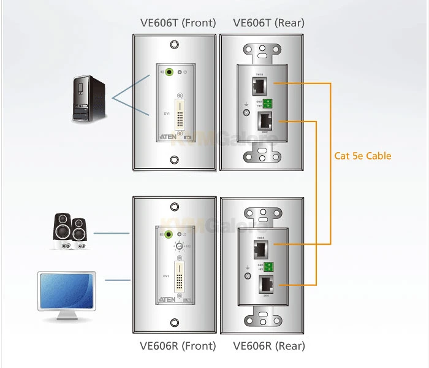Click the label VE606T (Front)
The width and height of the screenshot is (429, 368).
tap(178, 23)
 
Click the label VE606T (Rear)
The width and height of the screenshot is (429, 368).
tap(269, 23)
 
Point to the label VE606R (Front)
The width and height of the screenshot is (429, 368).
tap(178, 346)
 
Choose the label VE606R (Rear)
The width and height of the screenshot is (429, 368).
tap(269, 346)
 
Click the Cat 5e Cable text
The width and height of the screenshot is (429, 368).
tap(363, 156)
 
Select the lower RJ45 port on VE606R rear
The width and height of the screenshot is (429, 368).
tap(267, 284)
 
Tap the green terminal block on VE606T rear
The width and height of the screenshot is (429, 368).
tap(268, 103)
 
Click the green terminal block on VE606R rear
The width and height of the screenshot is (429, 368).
tap(268, 266)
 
